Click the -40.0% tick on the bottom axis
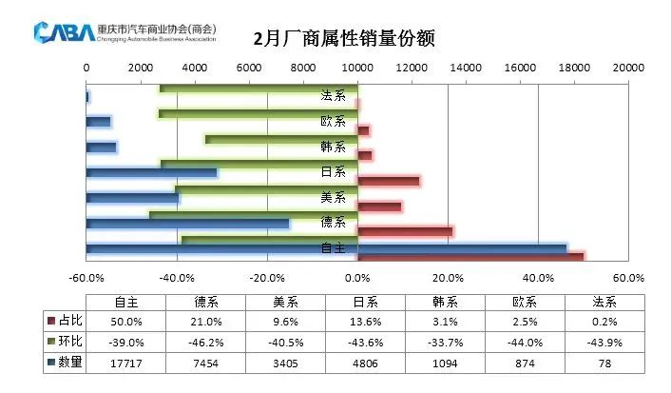[177, 278]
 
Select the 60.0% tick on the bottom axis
[628, 278]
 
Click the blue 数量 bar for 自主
[326, 248]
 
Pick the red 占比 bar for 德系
[405, 230]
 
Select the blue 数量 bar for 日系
[152, 173]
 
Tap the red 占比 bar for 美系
[379, 206]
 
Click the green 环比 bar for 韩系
[281, 139]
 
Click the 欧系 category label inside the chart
[333, 122]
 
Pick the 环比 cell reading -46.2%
[208, 342]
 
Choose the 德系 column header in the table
[208, 302]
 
